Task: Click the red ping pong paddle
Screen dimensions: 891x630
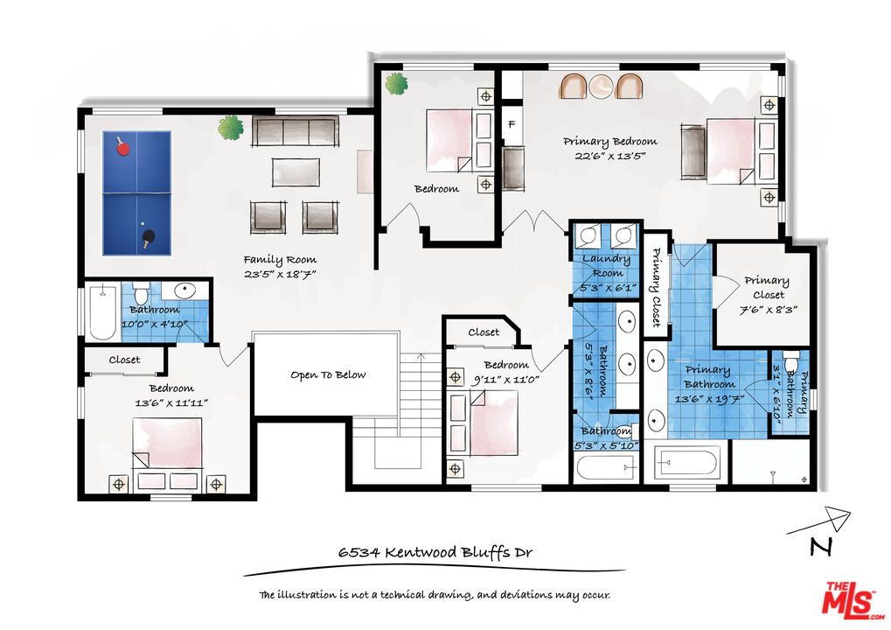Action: [x=122, y=148]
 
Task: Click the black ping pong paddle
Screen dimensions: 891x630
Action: [x=149, y=236]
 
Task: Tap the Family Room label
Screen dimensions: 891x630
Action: [x=280, y=260]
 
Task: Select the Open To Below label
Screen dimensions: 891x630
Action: [x=328, y=374]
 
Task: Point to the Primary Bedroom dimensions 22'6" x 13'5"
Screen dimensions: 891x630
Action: [x=609, y=156]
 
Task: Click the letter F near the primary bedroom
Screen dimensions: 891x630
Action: [x=512, y=123]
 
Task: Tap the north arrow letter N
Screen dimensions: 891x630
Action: [x=821, y=546]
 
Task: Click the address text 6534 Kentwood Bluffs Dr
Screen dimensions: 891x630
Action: [x=435, y=552]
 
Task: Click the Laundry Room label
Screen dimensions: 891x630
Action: [x=607, y=266]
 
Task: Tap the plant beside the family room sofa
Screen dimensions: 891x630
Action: [x=231, y=128]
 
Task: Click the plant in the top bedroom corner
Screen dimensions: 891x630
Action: [x=397, y=84]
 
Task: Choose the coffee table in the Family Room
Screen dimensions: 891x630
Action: [x=296, y=171]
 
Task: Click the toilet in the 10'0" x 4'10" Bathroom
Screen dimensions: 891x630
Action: [x=141, y=294]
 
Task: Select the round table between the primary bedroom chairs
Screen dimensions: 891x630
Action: [x=600, y=87]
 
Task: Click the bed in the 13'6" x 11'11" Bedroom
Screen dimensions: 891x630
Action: [x=167, y=454]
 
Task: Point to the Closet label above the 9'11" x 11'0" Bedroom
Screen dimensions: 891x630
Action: [x=484, y=332]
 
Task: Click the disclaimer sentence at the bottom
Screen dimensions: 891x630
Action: [x=435, y=595]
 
